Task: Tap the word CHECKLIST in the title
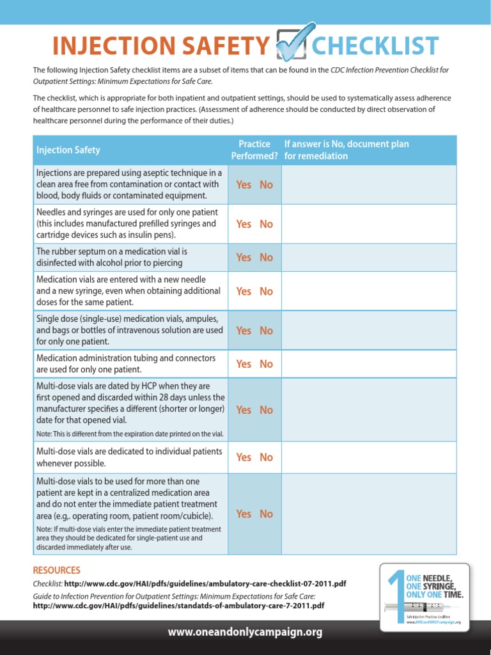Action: click(x=375, y=46)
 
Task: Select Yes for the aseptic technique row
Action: click(x=244, y=185)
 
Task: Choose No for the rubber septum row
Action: click(x=266, y=257)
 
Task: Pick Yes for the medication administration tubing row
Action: click(x=244, y=364)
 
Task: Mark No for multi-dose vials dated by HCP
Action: click(x=266, y=410)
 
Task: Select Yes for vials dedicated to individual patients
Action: click(x=244, y=457)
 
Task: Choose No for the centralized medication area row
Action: click(x=266, y=514)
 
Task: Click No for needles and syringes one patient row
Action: click(x=266, y=224)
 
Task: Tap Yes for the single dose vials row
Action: click(x=244, y=331)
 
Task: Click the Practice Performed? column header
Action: click(x=254, y=150)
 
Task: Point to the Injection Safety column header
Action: click(x=68, y=150)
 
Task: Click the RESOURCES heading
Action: click(x=56, y=570)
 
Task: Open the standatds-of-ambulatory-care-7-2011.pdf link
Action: click(x=178, y=605)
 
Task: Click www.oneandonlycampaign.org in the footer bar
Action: click(x=245, y=633)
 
